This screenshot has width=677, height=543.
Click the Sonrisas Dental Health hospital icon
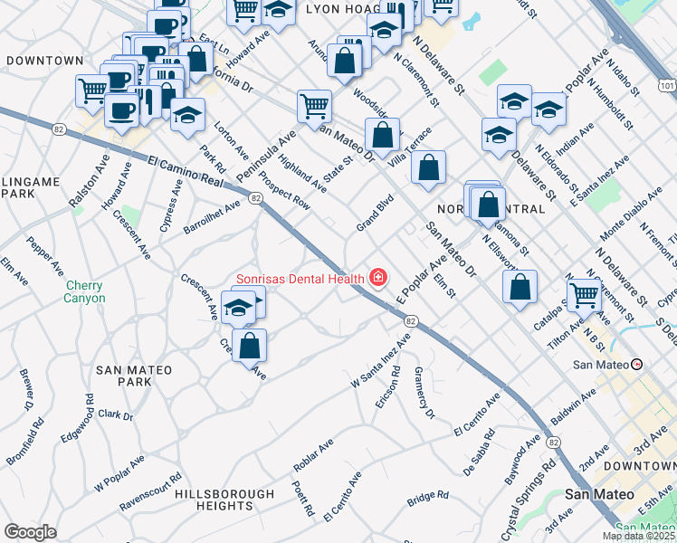click(377, 277)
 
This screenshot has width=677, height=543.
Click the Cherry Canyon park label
click(84, 291)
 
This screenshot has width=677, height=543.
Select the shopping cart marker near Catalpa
click(585, 293)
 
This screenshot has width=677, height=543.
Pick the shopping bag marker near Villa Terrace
click(428, 166)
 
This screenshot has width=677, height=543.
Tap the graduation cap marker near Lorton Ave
click(187, 114)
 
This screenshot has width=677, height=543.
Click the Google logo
click(30, 531)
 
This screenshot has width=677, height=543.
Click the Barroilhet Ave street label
click(214, 216)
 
